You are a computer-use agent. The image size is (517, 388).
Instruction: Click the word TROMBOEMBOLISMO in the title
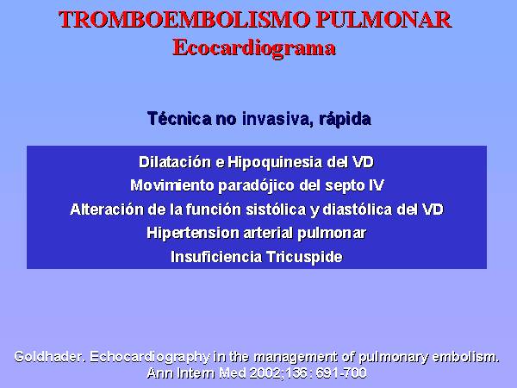coord(184,20)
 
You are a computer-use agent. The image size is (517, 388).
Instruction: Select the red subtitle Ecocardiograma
coord(254,48)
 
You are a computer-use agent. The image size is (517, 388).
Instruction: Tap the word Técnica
coord(179,118)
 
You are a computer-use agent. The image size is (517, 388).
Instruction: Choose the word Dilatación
coord(175,162)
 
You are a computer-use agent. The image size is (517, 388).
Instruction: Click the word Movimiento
coord(171,185)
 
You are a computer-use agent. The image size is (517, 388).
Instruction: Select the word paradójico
coord(256,186)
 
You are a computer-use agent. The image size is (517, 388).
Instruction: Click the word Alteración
coord(107,210)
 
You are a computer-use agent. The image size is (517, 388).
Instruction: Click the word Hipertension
coord(193,233)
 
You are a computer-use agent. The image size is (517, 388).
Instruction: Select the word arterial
coord(268,233)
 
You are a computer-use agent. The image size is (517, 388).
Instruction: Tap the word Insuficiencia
coord(216,257)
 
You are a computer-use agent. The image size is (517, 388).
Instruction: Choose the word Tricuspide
coord(304,257)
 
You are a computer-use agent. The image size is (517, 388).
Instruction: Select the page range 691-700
coord(340,373)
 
